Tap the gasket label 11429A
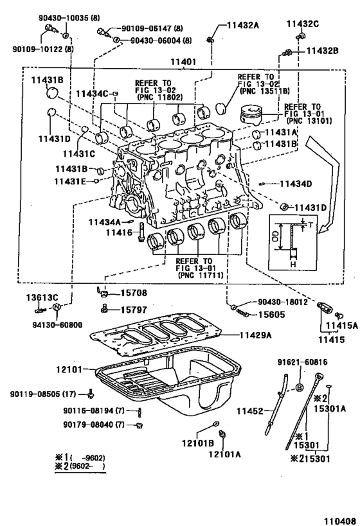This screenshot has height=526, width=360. click(256, 335)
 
